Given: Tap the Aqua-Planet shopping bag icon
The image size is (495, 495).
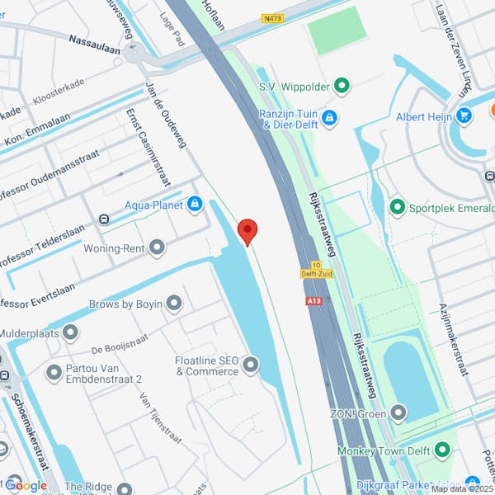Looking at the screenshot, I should click(195, 204).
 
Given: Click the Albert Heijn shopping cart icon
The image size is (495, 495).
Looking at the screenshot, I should click(464, 116).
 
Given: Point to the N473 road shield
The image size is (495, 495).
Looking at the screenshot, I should click(271, 17).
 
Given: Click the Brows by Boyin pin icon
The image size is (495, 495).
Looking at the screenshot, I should click(173, 304).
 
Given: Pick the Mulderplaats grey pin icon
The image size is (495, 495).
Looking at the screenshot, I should click(70, 333).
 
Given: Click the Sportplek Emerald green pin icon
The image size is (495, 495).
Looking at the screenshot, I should click(397, 207).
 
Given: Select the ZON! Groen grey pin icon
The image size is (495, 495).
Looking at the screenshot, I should click(399, 412).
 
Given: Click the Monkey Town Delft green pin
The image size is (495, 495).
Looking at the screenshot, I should click(442, 450).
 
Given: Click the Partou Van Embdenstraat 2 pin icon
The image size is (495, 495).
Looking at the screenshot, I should click(54, 372).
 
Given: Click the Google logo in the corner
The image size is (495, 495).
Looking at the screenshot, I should click(26, 485).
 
